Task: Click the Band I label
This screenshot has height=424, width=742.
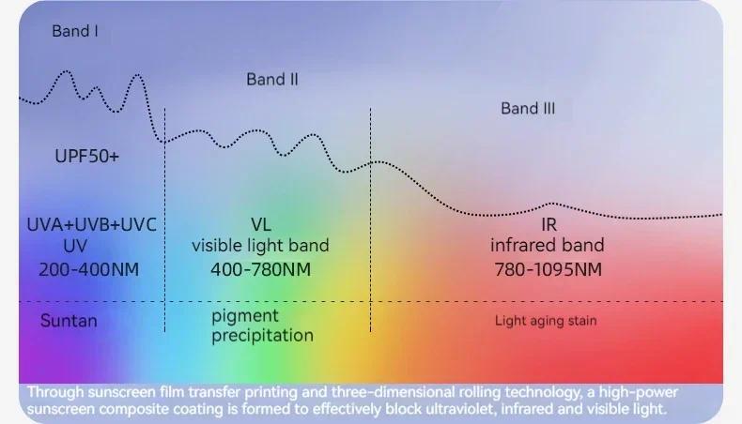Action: click(x=75, y=31)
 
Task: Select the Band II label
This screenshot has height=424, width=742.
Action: click(x=272, y=80)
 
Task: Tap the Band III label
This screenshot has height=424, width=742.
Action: click(x=528, y=109)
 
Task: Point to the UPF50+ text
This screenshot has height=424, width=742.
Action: click(x=86, y=156)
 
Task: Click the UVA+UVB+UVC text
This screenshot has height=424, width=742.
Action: click(x=91, y=224)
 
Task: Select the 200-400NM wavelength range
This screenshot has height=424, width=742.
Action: click(x=89, y=270)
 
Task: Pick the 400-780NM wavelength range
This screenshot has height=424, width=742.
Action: click(x=261, y=270)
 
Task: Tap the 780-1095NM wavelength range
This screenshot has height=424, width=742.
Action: click(x=548, y=270)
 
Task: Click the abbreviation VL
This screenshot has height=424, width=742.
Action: click(x=261, y=224)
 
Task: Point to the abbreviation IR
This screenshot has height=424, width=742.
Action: click(x=549, y=224)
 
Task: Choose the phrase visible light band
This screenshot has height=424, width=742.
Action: click(x=260, y=246)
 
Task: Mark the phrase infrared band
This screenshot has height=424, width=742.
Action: click(x=547, y=246)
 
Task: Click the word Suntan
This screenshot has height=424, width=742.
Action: click(x=69, y=321)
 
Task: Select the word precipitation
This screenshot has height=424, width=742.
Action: click(x=262, y=336)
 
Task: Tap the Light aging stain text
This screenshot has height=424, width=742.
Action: click(x=546, y=321)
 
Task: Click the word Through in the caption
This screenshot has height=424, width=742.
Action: click(x=55, y=392)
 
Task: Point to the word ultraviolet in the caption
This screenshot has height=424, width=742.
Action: click(x=461, y=409)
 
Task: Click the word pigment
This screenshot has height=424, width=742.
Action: click(x=244, y=316)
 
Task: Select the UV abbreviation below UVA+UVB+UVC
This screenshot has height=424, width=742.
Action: click(x=75, y=246)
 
